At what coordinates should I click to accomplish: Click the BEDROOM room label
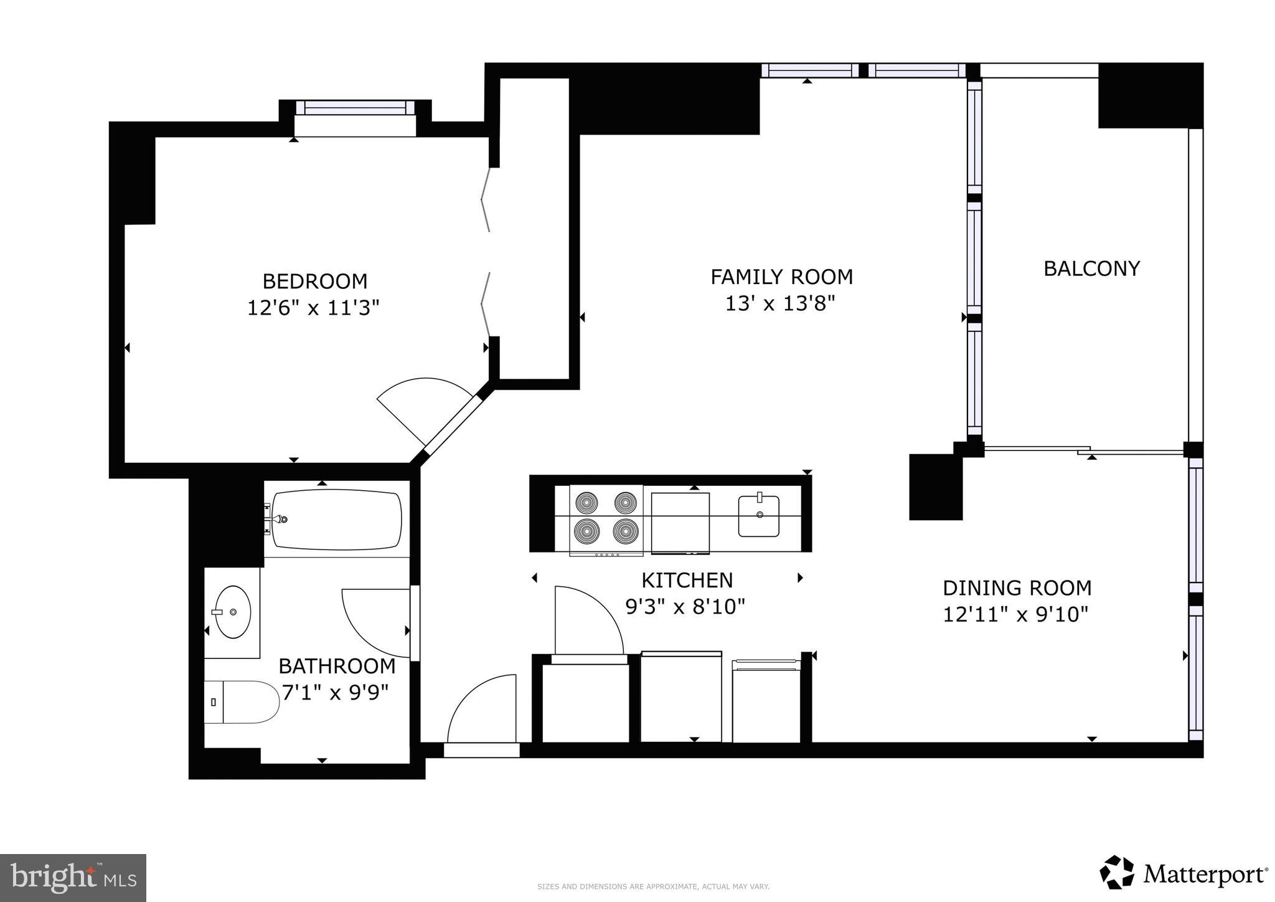(x=314, y=282)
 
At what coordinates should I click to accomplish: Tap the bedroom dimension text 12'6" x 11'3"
(x=313, y=308)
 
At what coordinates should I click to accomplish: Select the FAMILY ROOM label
(x=781, y=277)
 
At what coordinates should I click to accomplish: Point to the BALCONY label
(x=1091, y=268)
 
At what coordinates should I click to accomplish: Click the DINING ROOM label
(x=1017, y=588)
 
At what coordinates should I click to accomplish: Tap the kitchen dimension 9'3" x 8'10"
(x=685, y=607)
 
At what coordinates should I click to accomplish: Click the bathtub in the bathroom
(x=337, y=520)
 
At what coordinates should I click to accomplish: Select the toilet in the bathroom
(x=243, y=701)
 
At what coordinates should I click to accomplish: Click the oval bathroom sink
(x=232, y=612)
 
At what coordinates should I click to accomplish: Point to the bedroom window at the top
(x=355, y=108)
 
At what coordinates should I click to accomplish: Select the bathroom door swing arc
(x=374, y=620)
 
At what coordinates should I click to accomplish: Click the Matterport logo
(x=1183, y=875)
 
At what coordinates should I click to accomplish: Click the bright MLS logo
(x=73, y=878)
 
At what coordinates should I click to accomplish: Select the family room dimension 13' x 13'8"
(x=779, y=304)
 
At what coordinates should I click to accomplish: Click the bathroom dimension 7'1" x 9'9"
(x=336, y=693)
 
